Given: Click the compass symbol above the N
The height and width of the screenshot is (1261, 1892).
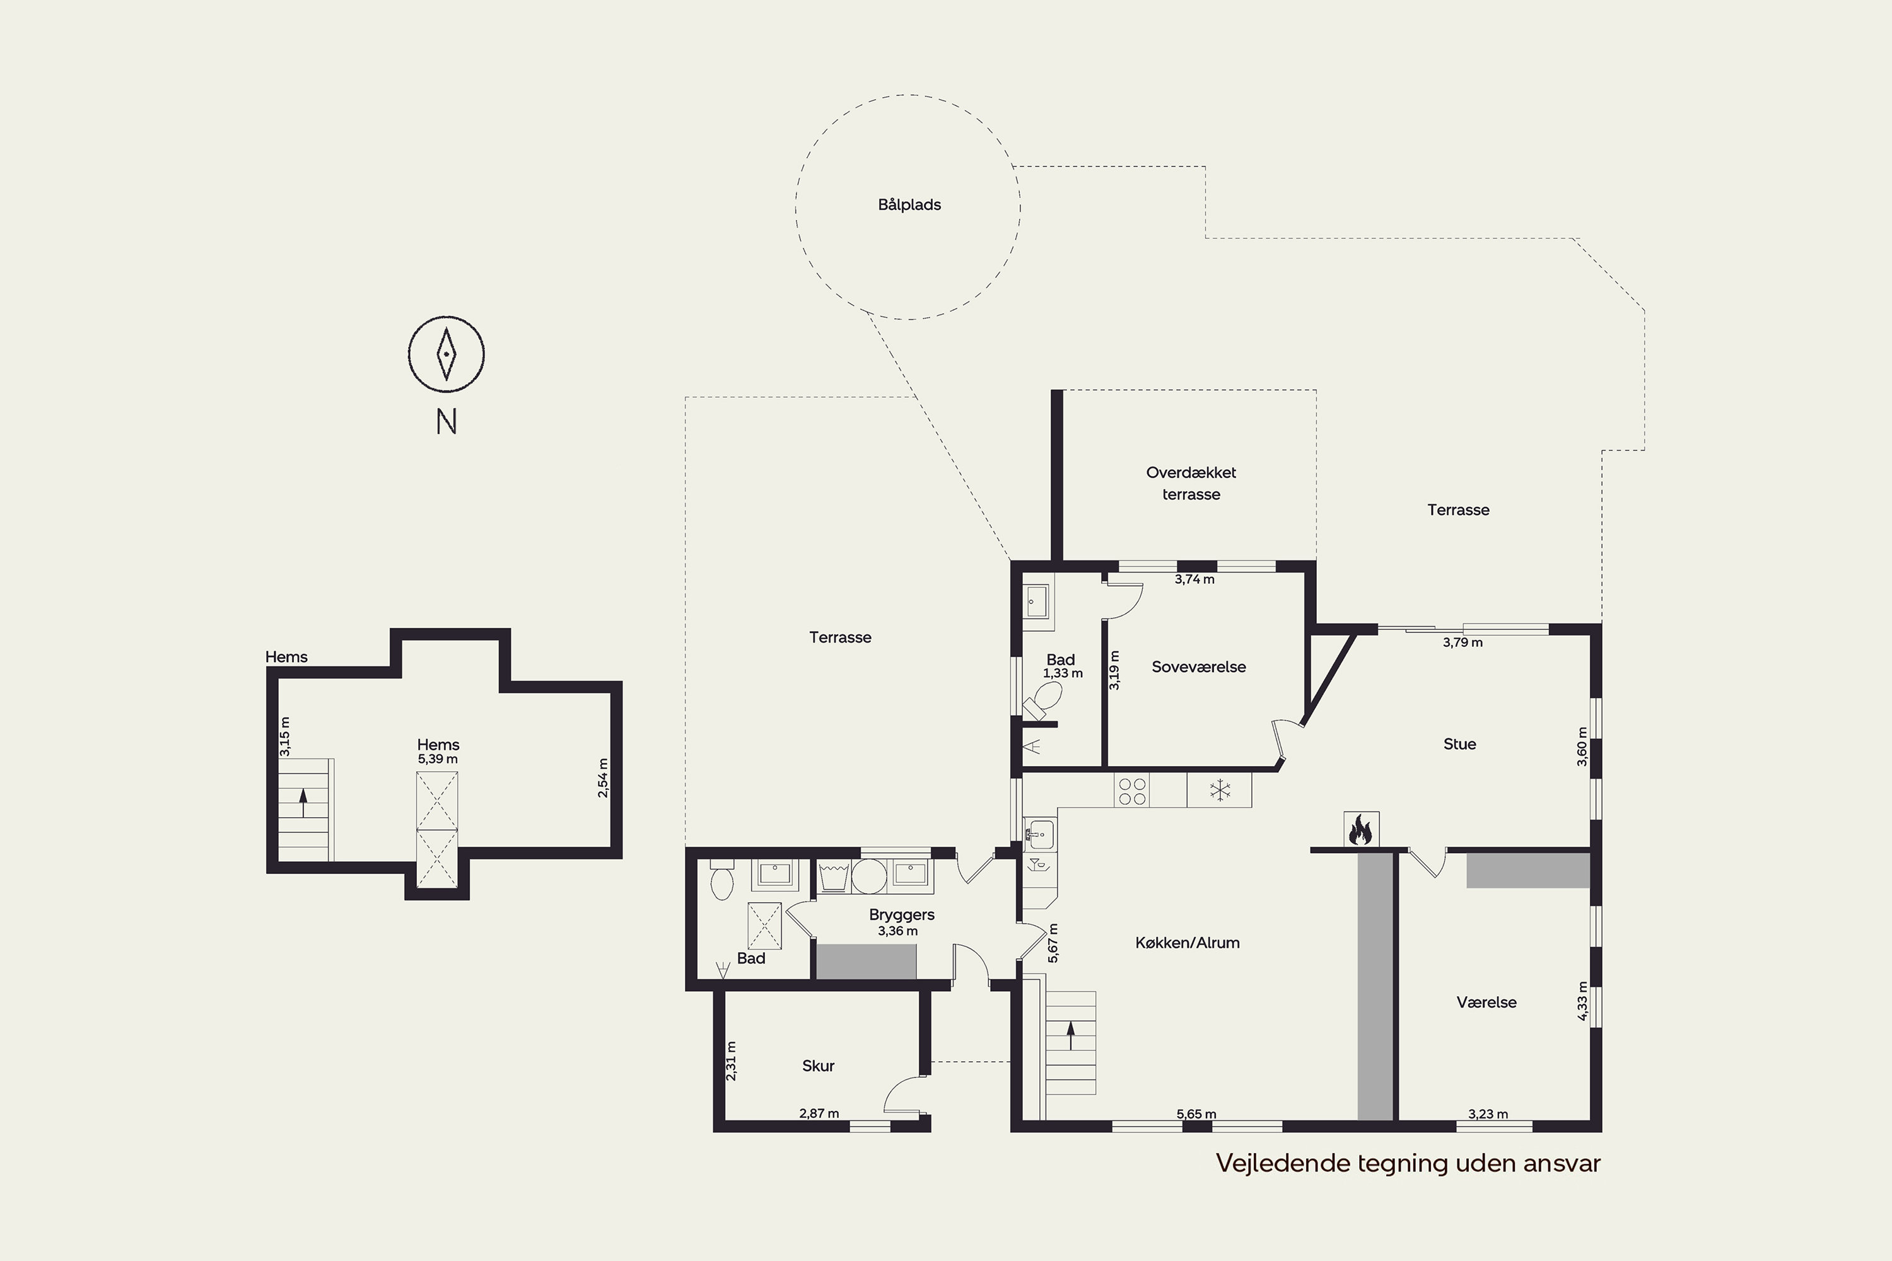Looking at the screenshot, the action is click(x=447, y=354).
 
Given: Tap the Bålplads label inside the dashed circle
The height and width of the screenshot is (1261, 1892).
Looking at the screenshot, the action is click(x=909, y=205).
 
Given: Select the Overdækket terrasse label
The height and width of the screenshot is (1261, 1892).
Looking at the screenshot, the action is click(x=1191, y=484).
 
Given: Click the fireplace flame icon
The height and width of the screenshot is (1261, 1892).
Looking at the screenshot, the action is click(x=1361, y=829).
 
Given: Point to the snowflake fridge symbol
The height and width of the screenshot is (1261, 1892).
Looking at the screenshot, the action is click(x=1220, y=790).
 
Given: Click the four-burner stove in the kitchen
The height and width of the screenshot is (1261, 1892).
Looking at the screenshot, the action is click(x=1132, y=791).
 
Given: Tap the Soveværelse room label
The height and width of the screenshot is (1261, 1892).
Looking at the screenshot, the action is click(x=1199, y=666).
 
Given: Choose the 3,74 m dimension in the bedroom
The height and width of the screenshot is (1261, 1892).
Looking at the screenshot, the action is click(x=1194, y=579).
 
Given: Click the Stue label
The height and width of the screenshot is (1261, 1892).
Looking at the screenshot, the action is click(x=1459, y=744).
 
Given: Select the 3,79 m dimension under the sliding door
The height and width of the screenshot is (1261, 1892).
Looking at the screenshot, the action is click(x=1463, y=642).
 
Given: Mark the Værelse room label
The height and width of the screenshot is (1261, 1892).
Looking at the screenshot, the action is click(x=1486, y=1002).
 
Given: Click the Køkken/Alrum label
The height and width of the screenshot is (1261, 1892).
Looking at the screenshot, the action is click(x=1188, y=943).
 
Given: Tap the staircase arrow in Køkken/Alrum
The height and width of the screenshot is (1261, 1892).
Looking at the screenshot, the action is click(x=1071, y=1036).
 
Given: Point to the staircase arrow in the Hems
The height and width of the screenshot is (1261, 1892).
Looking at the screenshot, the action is click(x=303, y=803).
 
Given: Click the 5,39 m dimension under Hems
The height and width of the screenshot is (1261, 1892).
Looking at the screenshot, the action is click(x=438, y=759).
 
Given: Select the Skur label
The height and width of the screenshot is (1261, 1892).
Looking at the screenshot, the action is click(x=818, y=1066).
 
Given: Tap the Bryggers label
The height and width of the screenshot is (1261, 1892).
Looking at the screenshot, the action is click(x=902, y=914).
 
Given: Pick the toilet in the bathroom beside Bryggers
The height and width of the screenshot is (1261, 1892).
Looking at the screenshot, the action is click(x=721, y=879).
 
